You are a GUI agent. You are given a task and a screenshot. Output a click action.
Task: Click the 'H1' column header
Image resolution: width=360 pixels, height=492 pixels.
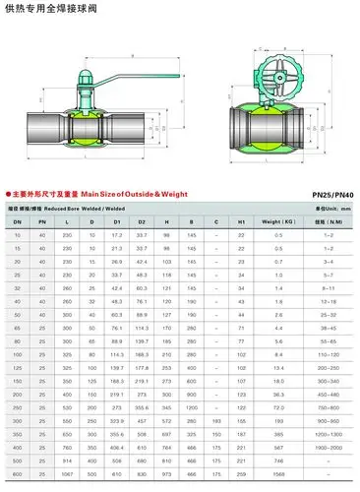241,223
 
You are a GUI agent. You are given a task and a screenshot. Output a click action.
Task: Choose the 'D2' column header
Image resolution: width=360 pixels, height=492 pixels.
141,223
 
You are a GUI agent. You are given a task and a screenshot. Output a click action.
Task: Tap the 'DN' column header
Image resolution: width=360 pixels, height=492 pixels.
18,223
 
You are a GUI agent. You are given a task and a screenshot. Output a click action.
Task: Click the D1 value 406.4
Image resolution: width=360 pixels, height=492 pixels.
116,419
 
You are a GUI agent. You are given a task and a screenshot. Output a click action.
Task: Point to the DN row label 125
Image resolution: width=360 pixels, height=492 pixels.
18,338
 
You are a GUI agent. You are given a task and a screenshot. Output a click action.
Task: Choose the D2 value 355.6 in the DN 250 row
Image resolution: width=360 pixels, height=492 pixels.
141,378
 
